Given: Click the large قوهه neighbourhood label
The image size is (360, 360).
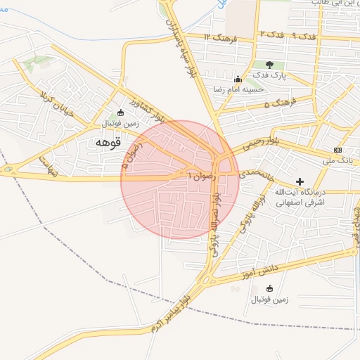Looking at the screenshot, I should [107, 143].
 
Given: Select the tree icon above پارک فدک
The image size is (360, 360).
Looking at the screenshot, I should [269, 65].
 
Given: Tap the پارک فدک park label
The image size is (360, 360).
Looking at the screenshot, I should [269, 76].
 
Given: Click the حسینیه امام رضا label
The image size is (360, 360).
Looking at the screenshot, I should [238, 89].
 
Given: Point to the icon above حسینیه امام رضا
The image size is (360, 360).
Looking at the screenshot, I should [238, 79].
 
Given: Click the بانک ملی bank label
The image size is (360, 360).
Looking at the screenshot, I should [339, 161].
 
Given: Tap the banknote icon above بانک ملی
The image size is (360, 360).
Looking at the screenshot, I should [338, 150].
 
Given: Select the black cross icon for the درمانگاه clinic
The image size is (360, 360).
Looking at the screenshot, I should [300, 182].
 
